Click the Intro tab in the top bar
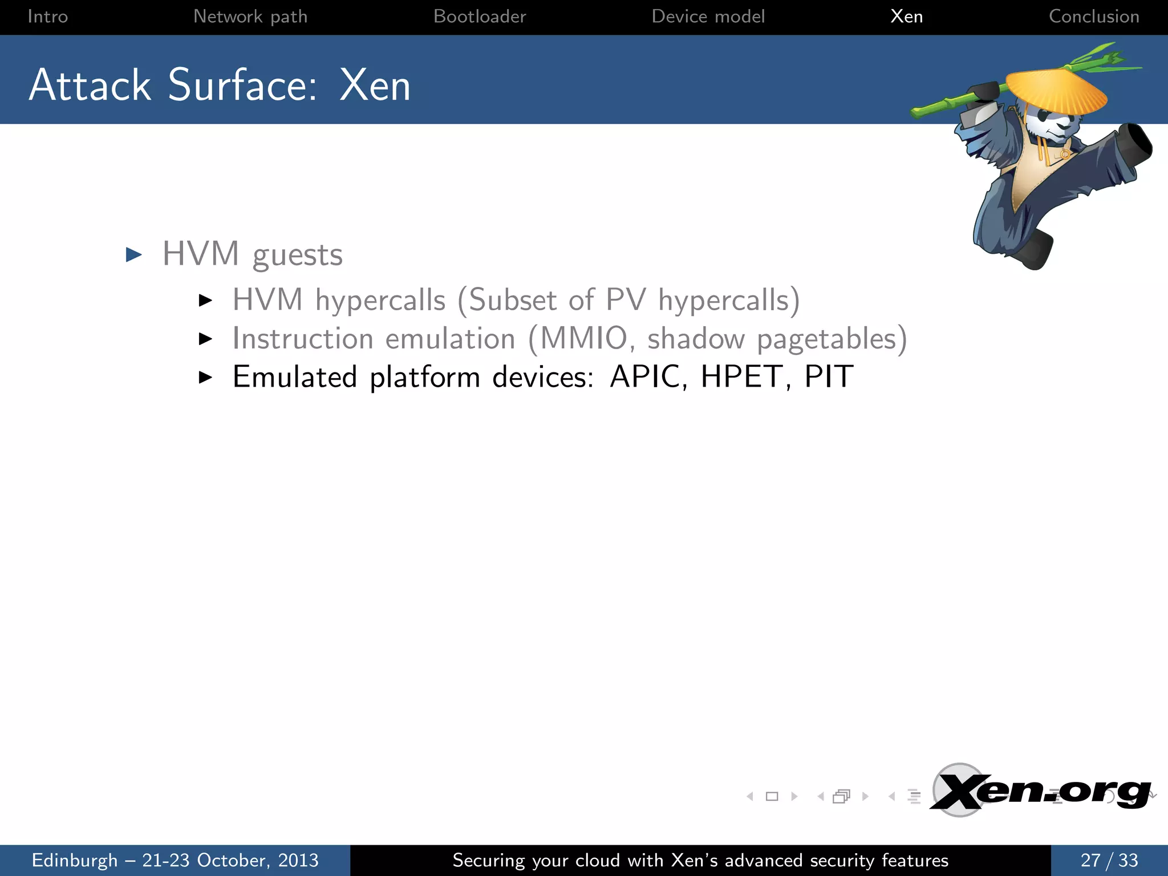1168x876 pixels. [47, 17]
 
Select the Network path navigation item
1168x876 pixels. [250, 17]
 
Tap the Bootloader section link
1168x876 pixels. [480, 17]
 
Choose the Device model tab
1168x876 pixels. [708, 17]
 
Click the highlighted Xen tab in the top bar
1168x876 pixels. [906, 17]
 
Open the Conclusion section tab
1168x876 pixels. [1094, 17]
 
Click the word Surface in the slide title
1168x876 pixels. [242, 86]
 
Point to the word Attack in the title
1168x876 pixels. [90, 86]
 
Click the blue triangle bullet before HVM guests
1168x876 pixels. [134, 254]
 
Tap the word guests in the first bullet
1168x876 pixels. [298, 255]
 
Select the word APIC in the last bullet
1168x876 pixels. [645, 377]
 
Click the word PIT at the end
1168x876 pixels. [829, 377]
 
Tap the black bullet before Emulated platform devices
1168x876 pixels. [205, 377]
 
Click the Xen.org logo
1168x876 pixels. [1040, 791]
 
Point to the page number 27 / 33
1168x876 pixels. [1109, 860]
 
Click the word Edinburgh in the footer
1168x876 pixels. [75, 860]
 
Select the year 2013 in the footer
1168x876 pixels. [298, 860]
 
